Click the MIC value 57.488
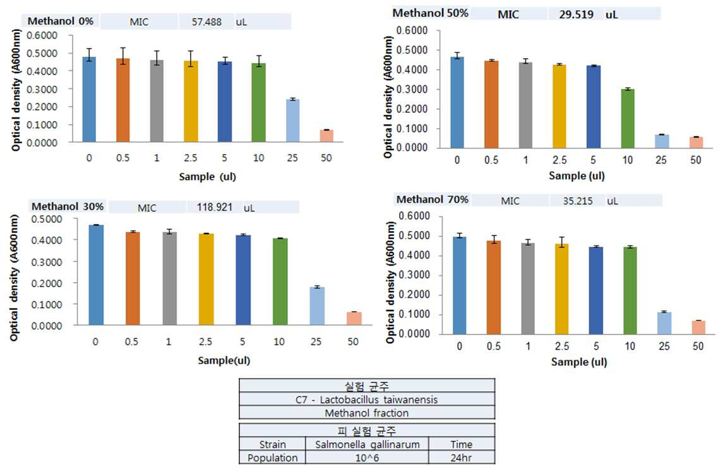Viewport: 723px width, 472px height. (x=206, y=21)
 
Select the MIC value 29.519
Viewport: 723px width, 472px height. (x=577, y=15)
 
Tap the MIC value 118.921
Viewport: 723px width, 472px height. (x=215, y=208)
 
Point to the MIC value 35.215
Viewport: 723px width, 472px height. (x=578, y=201)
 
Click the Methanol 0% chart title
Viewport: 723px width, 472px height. (x=61, y=21)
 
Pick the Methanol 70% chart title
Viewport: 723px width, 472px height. (x=433, y=199)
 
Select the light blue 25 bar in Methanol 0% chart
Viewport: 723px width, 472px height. (x=292, y=121)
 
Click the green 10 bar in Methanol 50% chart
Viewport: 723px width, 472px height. (x=628, y=119)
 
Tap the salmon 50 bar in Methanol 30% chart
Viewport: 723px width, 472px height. (x=354, y=319)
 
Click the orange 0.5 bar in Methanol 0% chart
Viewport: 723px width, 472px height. (x=122, y=100)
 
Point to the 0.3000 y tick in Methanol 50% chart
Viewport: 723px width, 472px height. (x=412, y=90)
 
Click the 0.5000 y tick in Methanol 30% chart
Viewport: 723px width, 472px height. (x=47, y=219)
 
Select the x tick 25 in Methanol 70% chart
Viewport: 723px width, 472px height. (x=664, y=346)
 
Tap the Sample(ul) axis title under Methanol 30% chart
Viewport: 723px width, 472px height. (x=224, y=360)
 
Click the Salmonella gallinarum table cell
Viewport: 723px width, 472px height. (x=367, y=444)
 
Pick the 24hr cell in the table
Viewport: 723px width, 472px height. (x=462, y=457)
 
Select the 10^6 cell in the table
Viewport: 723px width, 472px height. (x=367, y=457)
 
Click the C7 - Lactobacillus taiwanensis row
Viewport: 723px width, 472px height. (x=367, y=399)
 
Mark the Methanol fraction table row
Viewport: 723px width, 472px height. (x=367, y=413)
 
